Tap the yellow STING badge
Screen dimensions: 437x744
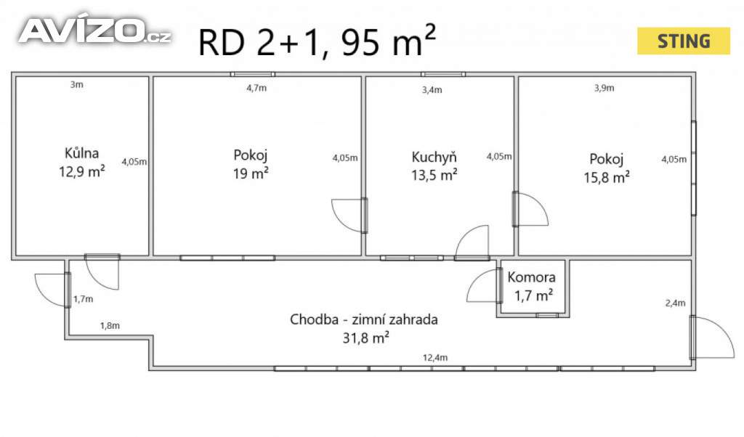[683, 41]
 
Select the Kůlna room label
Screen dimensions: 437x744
[81, 153]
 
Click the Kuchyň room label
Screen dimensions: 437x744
[434, 157]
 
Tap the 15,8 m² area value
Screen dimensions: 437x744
[606, 176]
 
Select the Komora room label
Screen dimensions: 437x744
[531, 277]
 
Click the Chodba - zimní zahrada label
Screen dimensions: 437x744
[364, 319]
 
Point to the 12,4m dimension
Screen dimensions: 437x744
[436, 357]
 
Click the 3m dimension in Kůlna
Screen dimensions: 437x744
[76, 85]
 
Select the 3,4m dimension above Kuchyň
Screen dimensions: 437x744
[432, 90]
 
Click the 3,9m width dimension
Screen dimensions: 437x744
[604, 88]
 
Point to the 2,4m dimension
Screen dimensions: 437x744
[675, 303]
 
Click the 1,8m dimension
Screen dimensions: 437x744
[110, 326]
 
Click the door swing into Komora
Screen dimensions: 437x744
[482, 286]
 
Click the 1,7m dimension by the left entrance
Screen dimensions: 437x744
[84, 298]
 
